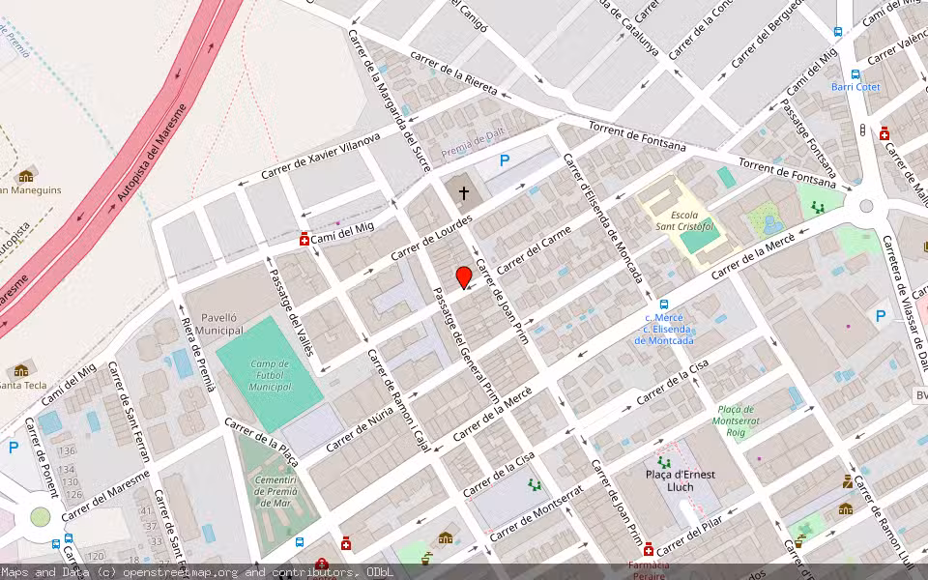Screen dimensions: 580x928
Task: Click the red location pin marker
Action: [464, 277]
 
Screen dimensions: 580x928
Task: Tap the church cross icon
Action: [464, 193]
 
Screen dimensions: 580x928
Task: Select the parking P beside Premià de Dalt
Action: [504, 161]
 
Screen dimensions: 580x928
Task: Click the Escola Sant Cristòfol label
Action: [683, 220]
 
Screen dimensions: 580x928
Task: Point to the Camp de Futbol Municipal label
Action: [270, 375]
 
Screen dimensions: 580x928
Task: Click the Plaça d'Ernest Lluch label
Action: [681, 480]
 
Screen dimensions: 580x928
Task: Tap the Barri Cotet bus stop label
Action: [855, 87]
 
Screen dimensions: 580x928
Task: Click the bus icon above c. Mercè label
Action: [664, 304]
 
